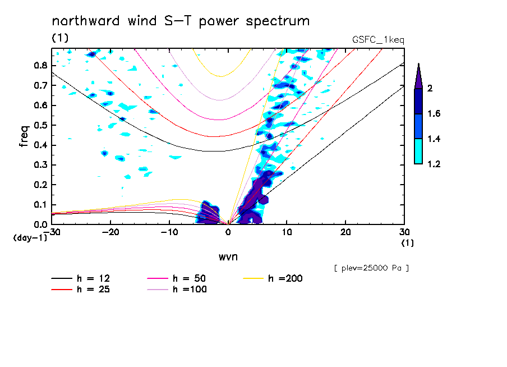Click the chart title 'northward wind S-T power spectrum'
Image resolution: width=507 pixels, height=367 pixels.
coord(181,21)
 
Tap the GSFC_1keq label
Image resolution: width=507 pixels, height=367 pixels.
coord(378,40)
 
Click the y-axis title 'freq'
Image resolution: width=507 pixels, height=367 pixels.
coord(24,136)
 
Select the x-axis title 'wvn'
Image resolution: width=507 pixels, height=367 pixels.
coord(228,256)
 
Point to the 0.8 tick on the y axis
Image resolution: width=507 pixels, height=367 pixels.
coord(40,65)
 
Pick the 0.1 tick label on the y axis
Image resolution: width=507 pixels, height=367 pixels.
coord(40,205)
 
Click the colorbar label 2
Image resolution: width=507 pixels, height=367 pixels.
coord(432,89)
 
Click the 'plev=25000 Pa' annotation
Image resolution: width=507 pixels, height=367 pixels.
coord(371,268)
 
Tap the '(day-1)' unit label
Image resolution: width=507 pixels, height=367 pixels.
coord(30,238)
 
